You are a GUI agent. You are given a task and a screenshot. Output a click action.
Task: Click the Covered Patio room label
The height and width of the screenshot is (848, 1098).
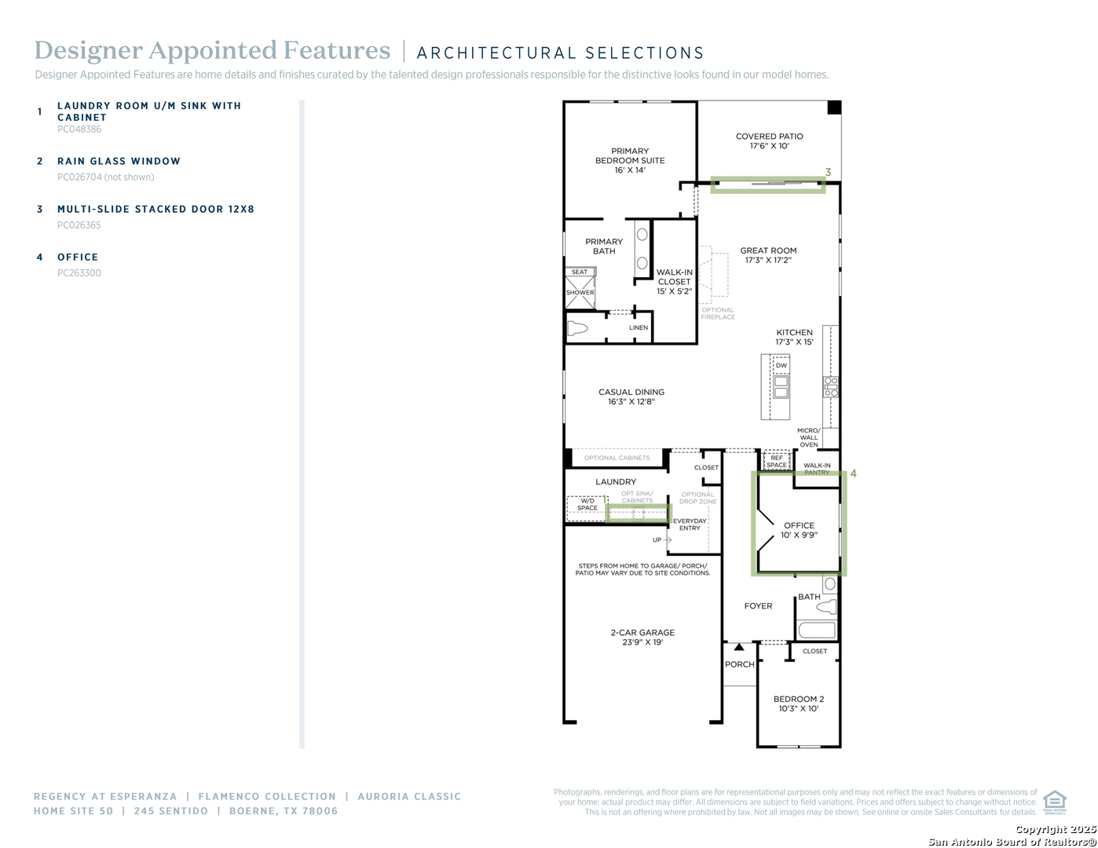point(769,137)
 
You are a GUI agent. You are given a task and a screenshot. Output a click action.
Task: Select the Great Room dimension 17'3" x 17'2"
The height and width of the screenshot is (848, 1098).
point(768,261)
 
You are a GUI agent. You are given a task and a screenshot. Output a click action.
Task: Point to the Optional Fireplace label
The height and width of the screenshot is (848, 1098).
point(717,313)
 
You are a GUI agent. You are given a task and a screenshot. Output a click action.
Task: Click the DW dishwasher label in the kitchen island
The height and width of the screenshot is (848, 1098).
point(781,366)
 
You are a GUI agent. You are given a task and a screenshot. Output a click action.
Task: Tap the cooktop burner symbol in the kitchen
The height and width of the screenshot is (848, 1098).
point(830,387)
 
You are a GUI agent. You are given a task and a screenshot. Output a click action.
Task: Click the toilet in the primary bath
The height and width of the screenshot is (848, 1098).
point(578,328)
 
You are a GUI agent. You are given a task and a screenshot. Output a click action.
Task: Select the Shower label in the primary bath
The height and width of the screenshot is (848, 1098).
point(580,293)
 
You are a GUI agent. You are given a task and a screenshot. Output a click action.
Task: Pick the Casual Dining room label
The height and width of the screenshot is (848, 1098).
point(631,392)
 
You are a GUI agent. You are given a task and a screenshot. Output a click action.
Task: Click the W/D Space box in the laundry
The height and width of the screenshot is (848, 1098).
point(587,504)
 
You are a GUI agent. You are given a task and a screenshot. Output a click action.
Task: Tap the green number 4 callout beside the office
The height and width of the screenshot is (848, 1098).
point(853,473)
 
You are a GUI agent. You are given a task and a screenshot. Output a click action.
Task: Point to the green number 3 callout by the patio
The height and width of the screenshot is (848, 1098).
point(828,173)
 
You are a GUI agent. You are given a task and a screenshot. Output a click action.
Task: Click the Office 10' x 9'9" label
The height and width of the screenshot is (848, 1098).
point(799,530)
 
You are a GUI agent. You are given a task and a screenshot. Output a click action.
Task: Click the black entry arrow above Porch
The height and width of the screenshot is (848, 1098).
point(738,647)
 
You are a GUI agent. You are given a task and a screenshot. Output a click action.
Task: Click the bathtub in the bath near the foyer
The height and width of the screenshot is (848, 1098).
point(817,630)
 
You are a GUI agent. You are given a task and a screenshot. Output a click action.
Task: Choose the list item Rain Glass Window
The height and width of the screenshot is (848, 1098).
point(119,161)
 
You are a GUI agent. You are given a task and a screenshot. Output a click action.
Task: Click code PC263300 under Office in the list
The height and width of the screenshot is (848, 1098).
point(79,273)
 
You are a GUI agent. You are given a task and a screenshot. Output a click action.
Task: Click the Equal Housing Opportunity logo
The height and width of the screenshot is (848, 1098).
point(1054,802)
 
